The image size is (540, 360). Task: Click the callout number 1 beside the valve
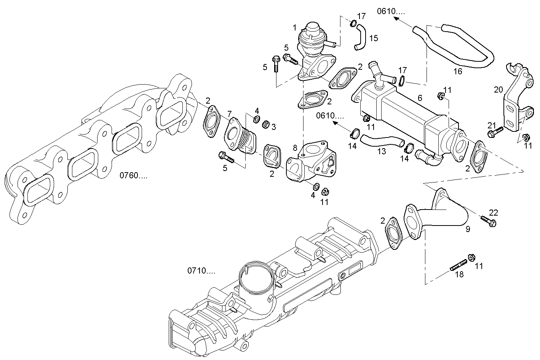click(294, 27)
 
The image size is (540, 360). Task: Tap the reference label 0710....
click(201, 271)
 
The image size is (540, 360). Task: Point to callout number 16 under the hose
click(457, 71)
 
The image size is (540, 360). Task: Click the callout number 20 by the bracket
click(498, 90)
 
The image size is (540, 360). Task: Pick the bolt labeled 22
click(488, 221)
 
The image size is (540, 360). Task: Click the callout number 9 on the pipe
click(468, 229)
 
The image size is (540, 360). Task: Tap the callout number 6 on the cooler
click(420, 98)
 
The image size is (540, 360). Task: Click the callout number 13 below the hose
click(382, 152)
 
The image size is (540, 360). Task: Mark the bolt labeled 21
click(495, 132)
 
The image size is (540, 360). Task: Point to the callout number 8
click(295, 147)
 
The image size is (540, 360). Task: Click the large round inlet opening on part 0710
click(254, 275)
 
